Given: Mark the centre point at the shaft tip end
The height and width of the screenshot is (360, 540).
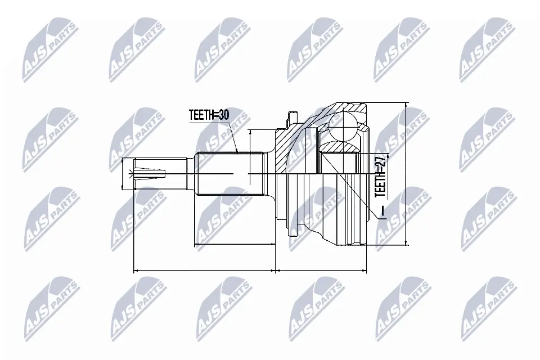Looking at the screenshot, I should (133, 174).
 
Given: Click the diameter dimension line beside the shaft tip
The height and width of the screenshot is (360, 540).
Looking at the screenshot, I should (123, 174).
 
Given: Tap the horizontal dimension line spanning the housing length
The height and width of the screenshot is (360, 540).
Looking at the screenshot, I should (321, 271).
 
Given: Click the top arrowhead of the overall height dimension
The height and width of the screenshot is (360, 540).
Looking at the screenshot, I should (406, 106).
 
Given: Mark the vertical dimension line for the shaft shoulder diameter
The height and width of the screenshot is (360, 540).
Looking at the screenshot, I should (250, 157).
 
